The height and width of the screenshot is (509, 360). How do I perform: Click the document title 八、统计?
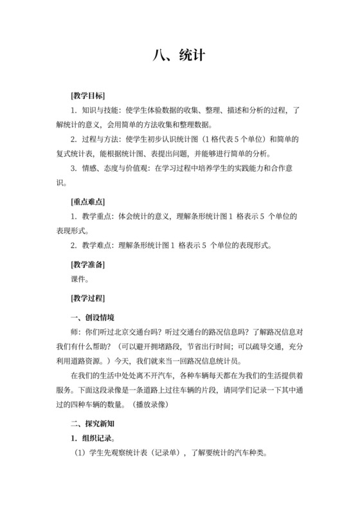[x=179, y=55]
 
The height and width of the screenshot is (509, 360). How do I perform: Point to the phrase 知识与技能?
[x=100, y=111]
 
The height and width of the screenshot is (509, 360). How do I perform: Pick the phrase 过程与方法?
[x=100, y=139]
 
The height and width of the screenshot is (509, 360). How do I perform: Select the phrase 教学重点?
[x=96, y=217]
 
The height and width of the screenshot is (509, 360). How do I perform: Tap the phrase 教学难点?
[x=96, y=245]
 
